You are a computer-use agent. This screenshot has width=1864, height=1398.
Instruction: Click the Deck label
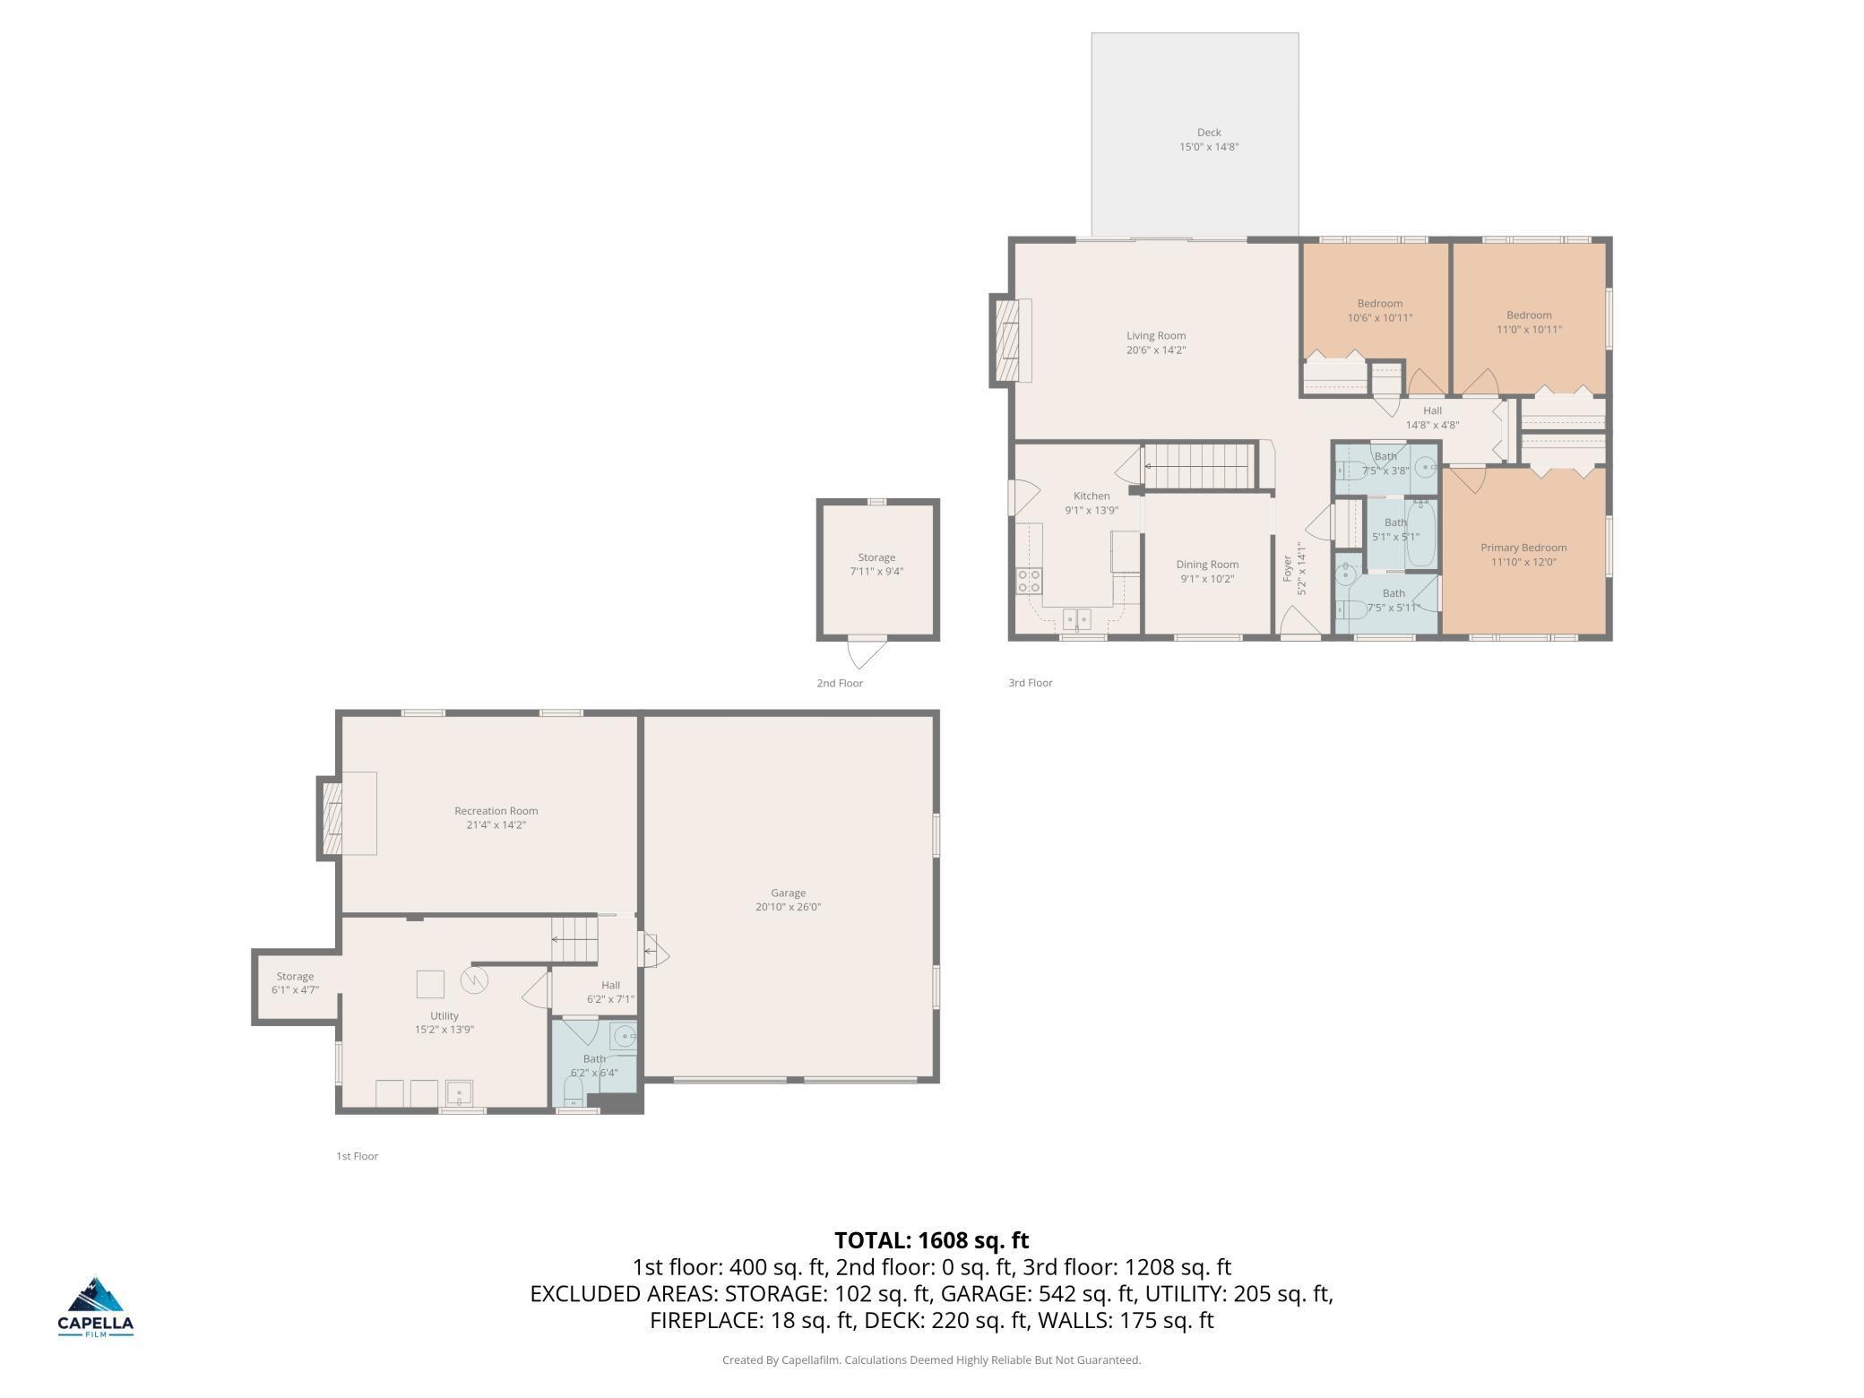click(x=1209, y=133)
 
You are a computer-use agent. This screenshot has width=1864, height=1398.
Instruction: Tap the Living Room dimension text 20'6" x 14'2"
click(x=1156, y=350)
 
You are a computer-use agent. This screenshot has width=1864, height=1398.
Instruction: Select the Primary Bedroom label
click(x=1523, y=548)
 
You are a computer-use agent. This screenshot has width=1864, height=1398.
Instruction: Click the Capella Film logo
click(x=96, y=1307)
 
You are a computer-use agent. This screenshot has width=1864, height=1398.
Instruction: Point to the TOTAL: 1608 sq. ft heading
click(x=932, y=1240)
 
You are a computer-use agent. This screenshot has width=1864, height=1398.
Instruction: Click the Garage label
click(x=789, y=893)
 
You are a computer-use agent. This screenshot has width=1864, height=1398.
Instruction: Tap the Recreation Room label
click(x=496, y=811)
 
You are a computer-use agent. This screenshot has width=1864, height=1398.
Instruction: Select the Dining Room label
click(x=1207, y=565)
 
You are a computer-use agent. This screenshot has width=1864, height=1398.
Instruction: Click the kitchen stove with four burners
click(x=1029, y=581)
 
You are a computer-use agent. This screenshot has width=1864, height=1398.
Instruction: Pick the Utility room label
click(x=444, y=1015)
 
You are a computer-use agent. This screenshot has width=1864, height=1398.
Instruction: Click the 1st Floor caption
click(x=358, y=1156)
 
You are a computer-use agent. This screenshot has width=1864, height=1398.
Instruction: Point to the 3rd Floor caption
click(x=1031, y=683)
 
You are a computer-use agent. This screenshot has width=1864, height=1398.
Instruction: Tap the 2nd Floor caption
click(x=840, y=683)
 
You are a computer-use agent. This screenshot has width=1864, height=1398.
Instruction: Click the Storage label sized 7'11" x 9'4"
click(x=876, y=557)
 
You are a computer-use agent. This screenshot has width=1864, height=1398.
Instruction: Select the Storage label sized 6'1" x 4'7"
click(x=295, y=977)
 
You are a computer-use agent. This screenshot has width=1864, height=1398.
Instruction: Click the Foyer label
click(x=1288, y=568)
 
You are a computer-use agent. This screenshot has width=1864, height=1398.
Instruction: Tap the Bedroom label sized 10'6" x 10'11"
click(x=1380, y=304)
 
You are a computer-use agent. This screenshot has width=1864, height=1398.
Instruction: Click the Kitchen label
click(x=1092, y=496)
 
